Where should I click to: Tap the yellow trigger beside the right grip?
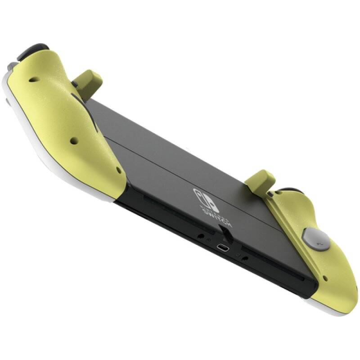(262, 179)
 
